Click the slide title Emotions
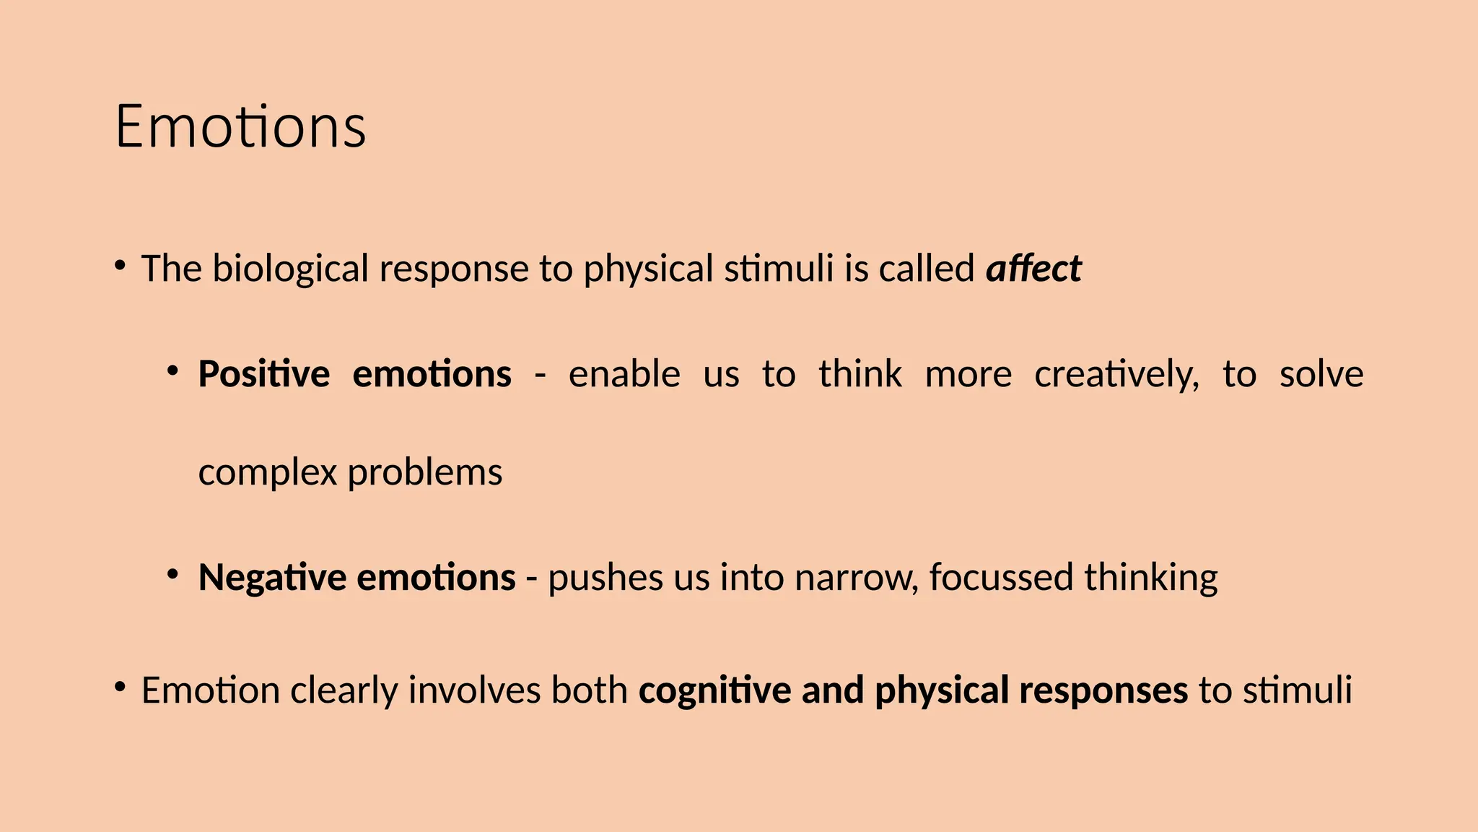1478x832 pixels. tap(240, 127)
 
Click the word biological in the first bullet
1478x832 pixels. tap(290, 269)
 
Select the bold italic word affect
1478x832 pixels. tap(1033, 269)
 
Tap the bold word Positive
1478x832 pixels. tap(263, 375)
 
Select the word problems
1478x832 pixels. tap(425, 474)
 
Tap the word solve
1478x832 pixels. tap(1321, 375)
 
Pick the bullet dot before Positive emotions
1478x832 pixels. tap(172, 370)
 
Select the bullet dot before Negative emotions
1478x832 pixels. tap(172, 574)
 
